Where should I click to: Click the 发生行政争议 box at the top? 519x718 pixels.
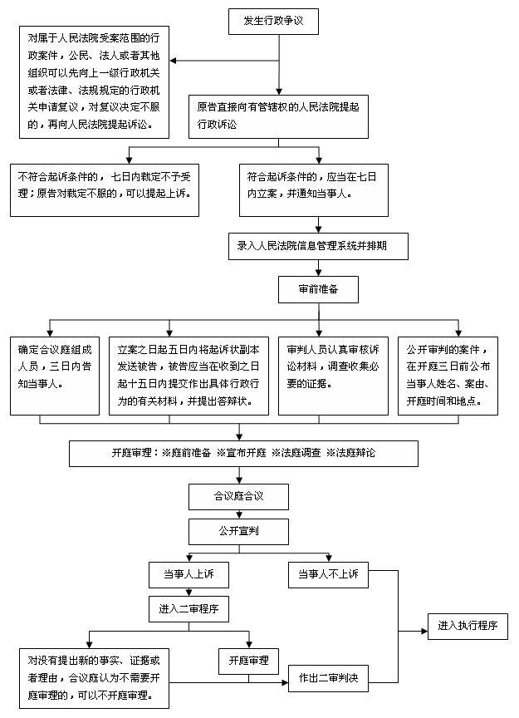pos(273,21)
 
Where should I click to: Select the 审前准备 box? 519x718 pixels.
pos(318,289)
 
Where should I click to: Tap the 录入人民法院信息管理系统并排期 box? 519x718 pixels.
pos(318,246)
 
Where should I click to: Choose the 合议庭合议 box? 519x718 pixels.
pos(238,497)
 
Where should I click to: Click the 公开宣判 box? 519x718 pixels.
pos(238,532)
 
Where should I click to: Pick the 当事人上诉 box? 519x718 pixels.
pos(189,575)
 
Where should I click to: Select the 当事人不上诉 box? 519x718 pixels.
pos(328,575)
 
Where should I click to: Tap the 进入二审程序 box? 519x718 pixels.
pos(189,609)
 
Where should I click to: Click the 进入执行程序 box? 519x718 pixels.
pos(468,626)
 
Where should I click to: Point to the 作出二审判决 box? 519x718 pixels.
pos(328,678)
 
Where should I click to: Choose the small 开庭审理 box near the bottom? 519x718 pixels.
pos(248,661)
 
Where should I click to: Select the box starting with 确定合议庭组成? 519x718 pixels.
pos(55,376)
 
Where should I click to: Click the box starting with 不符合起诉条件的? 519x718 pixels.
pos(105,190)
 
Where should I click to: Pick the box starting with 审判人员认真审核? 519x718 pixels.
pos(333,376)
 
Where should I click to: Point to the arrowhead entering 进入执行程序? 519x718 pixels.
pos(424,631)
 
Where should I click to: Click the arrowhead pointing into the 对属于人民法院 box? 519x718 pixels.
pos(173,61)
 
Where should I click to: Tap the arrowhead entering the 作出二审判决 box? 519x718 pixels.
pos(285,683)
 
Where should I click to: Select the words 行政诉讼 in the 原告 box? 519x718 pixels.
pos(217,125)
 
